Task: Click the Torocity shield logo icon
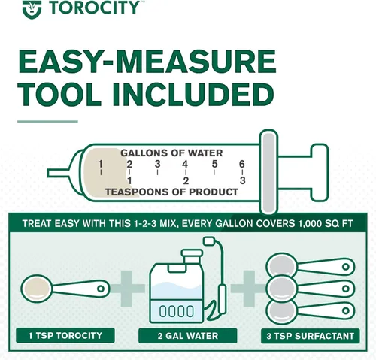[32, 9]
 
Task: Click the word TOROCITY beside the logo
[94, 8]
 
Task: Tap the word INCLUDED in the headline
[193, 95]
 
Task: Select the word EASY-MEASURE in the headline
[147, 62]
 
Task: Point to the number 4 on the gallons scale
[185, 165]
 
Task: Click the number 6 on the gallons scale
[241, 164]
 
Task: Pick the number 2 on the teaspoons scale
[186, 180]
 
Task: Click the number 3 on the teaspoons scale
[242, 180]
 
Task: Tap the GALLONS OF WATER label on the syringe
[171, 153]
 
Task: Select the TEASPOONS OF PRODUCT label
[171, 192]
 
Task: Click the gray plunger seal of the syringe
[268, 172]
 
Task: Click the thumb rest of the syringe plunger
[320, 172]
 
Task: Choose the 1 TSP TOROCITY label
[65, 335]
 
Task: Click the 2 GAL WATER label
[188, 336]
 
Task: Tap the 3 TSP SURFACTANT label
[311, 336]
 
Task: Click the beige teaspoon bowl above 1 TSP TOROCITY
[37, 289]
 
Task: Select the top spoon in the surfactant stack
[311, 265]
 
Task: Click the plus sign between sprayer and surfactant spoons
[249, 289]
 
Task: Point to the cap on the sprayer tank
[192, 253]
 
